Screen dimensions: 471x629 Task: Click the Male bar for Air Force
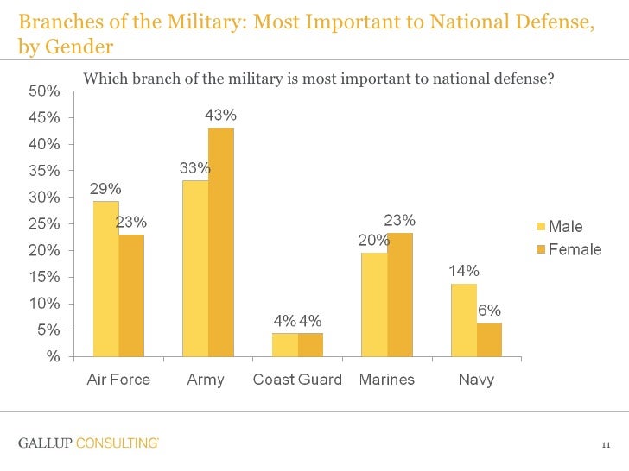(105, 279)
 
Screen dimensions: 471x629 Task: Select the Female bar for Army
(221, 242)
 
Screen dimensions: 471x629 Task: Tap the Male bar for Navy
(464, 319)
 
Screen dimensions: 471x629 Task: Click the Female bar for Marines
(399, 294)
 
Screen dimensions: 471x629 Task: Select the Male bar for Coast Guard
(284, 344)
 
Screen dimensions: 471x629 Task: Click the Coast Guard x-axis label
(297, 380)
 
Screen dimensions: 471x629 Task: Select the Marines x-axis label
(386, 380)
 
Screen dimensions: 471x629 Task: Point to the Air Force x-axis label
(118, 380)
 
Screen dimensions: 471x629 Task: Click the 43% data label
(220, 115)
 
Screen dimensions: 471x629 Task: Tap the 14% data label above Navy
(463, 271)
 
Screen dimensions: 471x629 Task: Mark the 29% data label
(105, 188)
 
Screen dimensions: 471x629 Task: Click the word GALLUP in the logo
(44, 443)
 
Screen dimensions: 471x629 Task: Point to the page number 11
(606, 445)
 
